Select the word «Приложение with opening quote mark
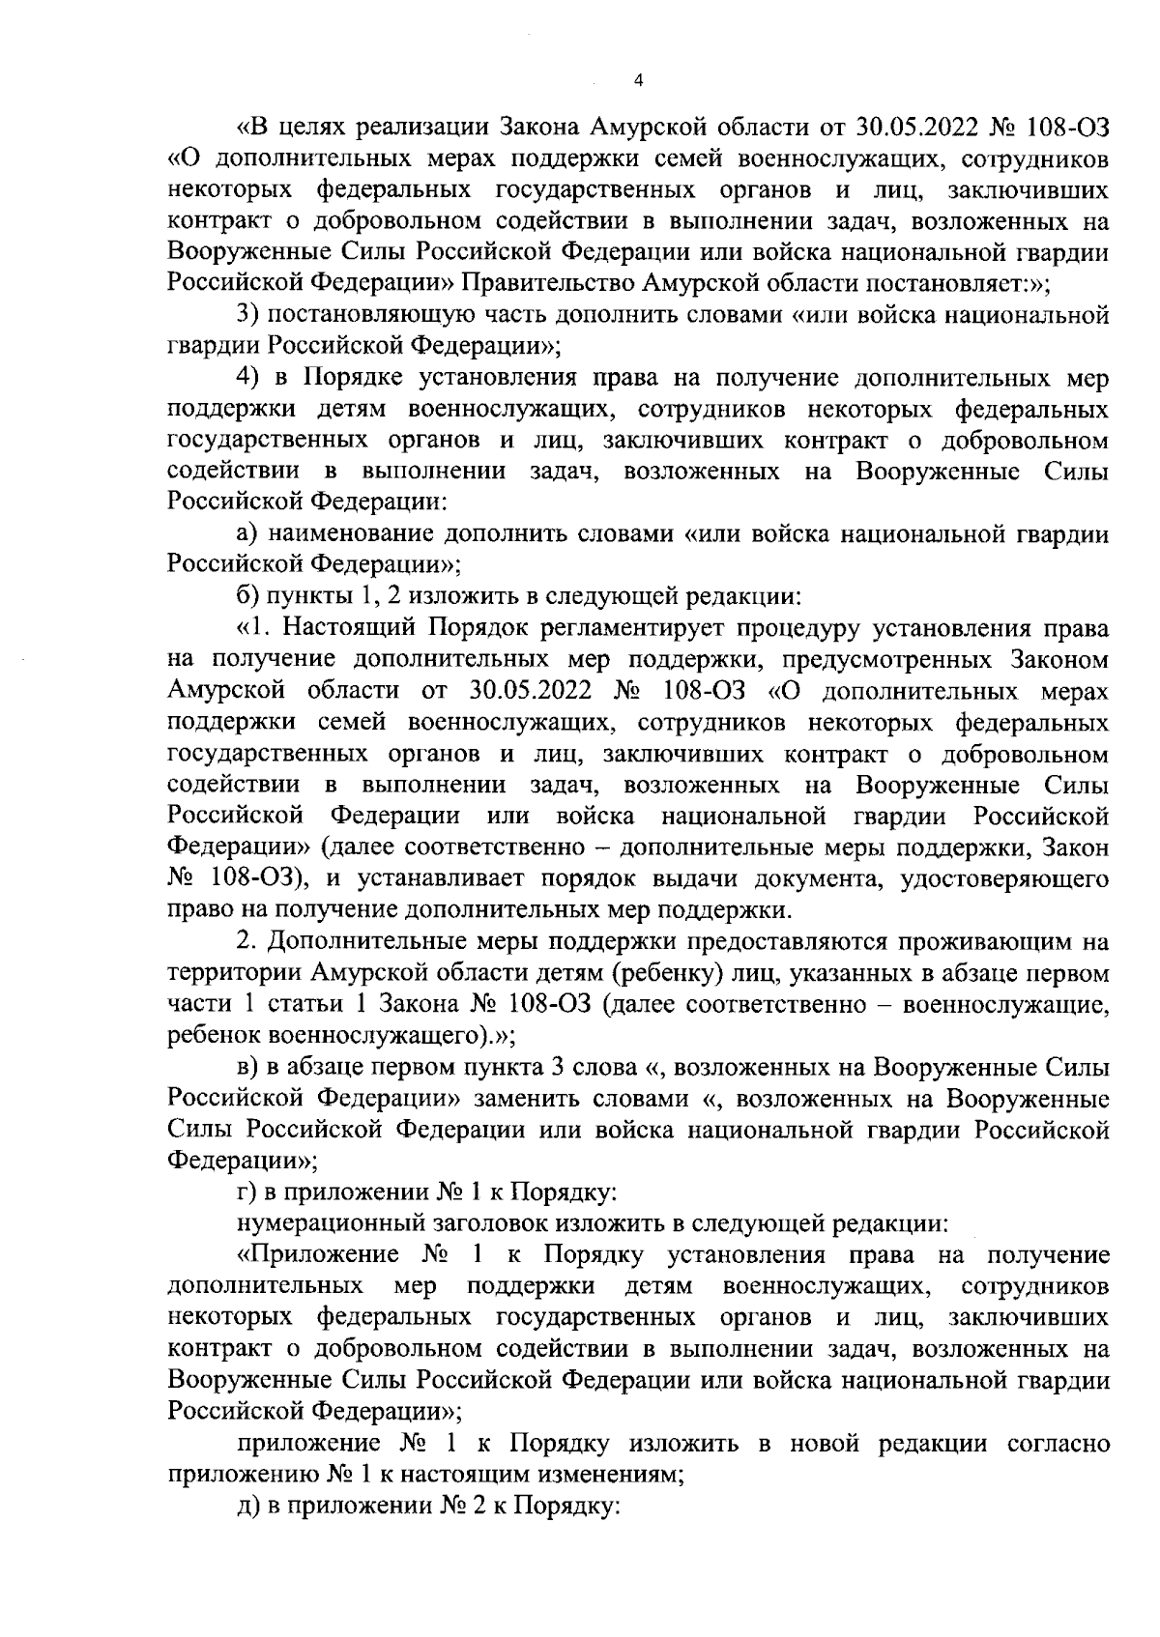[318, 1255]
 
